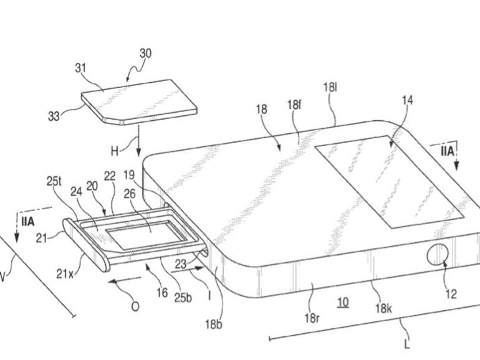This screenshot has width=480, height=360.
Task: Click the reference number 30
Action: click(x=145, y=54)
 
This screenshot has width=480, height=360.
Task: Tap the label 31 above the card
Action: click(x=80, y=68)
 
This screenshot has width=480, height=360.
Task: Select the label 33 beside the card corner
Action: click(x=54, y=116)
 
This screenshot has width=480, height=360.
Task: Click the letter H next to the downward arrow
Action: click(x=115, y=151)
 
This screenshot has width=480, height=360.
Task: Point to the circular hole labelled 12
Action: click(x=438, y=255)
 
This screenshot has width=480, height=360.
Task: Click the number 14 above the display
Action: click(x=408, y=100)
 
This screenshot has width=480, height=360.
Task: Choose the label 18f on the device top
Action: click(x=294, y=105)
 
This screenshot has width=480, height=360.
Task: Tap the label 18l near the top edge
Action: click(x=330, y=88)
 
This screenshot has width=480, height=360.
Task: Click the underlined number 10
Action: click(x=343, y=303)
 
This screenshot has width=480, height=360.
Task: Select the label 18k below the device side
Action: click(x=383, y=308)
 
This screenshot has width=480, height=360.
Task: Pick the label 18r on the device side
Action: click(x=312, y=318)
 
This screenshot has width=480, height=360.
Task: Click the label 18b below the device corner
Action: click(x=214, y=324)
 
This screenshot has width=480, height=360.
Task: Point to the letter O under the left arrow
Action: click(x=135, y=306)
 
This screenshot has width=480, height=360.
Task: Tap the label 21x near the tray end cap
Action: click(x=65, y=274)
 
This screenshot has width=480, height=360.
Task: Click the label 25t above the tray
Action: click(x=54, y=181)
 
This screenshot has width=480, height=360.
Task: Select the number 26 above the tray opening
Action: click(x=130, y=193)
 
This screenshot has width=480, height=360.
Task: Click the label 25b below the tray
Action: click(x=183, y=298)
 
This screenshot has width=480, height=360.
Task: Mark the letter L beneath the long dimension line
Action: click(x=407, y=344)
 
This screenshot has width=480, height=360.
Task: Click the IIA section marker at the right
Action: click(x=447, y=151)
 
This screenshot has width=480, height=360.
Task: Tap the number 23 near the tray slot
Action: click(x=181, y=264)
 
